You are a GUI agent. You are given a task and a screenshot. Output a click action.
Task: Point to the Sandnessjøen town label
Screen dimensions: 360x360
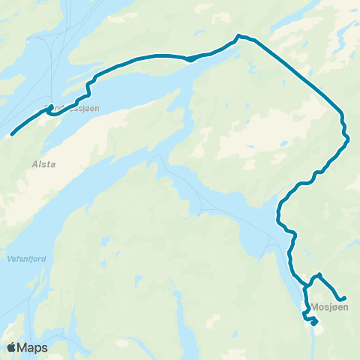[71, 108]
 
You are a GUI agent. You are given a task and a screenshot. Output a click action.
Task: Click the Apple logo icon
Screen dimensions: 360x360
[12, 347]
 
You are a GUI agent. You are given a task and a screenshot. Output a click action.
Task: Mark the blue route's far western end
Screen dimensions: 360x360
[13, 135]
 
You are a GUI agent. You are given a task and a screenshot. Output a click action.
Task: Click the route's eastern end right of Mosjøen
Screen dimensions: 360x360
[344, 298]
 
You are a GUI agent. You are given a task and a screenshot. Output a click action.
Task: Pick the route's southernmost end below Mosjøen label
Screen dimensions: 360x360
[313, 324]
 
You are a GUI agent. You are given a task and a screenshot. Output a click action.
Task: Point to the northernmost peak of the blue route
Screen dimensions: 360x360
[239, 35]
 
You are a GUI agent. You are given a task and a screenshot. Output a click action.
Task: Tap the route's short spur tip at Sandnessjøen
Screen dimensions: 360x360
[50, 107]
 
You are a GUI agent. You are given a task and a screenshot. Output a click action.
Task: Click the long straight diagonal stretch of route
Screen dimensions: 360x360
[296, 71]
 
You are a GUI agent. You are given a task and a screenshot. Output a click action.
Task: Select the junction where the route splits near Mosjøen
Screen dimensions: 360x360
[306, 286]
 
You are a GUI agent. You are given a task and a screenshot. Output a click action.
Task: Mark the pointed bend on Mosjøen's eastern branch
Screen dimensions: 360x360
[320, 274]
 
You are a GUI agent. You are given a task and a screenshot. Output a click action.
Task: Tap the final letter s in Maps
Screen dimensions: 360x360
[45, 349]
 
